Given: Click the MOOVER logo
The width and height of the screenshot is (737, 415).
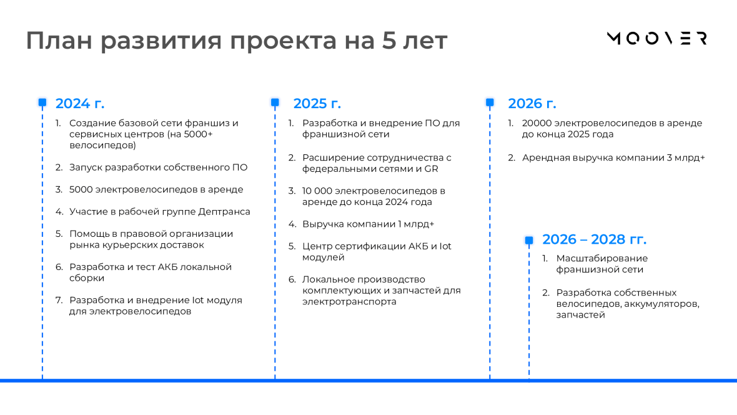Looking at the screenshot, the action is (x=656, y=38).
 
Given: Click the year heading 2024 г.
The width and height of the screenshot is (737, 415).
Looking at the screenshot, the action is (x=80, y=103).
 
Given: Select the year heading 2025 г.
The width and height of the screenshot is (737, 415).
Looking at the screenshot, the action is (x=317, y=103).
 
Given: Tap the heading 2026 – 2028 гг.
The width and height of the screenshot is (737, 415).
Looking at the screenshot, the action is (x=594, y=239).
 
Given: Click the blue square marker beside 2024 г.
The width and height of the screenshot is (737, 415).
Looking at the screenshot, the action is (x=42, y=102).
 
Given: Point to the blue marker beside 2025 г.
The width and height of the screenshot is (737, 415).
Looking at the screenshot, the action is (x=275, y=102).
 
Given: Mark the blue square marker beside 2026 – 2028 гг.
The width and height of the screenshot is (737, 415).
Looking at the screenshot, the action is (x=529, y=241).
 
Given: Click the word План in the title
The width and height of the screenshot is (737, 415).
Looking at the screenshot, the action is (x=59, y=40).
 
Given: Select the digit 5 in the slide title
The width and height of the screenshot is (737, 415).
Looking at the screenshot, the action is (x=389, y=40).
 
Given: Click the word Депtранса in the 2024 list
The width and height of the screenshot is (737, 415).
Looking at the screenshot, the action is (x=224, y=212).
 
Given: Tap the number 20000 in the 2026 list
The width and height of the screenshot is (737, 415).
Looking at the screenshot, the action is (x=537, y=123).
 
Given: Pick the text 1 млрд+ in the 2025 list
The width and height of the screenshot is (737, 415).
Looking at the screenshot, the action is (x=416, y=224).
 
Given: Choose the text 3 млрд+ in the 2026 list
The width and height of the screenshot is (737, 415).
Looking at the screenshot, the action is (x=686, y=157).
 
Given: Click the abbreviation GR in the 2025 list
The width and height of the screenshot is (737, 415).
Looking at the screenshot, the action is (x=431, y=169).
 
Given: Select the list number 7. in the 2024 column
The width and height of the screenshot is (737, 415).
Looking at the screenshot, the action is (x=59, y=300).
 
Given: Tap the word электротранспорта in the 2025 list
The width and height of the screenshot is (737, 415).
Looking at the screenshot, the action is (x=349, y=302).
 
